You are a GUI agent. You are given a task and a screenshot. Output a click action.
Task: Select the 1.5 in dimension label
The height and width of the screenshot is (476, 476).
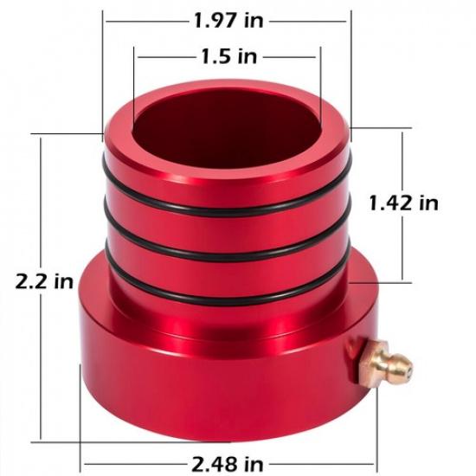[x=228, y=57]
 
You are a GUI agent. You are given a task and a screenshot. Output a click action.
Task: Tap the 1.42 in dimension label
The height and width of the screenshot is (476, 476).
[x=403, y=203]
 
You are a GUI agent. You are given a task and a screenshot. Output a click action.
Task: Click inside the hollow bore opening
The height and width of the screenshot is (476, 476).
[x=227, y=121]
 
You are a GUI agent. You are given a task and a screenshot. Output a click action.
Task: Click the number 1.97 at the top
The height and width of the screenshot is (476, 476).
[x=213, y=18]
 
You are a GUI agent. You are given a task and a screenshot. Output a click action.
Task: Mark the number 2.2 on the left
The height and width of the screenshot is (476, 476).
[x=33, y=281]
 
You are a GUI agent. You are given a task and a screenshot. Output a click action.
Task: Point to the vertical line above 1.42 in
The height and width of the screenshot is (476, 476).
[x=403, y=160]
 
